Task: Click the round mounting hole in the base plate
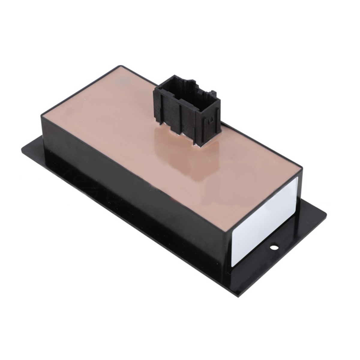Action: click(x=274, y=247)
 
